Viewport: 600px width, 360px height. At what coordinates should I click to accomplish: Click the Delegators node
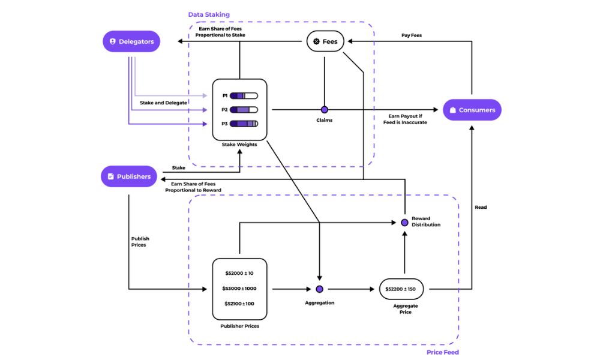(131, 41)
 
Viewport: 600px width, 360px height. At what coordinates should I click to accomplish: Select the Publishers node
(129, 176)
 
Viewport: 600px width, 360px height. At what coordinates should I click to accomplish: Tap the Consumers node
(472, 110)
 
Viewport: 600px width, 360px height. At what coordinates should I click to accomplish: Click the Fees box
(325, 41)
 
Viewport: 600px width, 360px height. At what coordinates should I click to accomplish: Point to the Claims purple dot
(325, 110)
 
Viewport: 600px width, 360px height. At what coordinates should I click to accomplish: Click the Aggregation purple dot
(319, 289)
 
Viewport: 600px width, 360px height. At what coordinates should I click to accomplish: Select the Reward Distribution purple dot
(404, 223)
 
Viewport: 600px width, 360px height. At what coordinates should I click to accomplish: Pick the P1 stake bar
(243, 95)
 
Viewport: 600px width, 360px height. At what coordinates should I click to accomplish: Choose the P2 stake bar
(243, 110)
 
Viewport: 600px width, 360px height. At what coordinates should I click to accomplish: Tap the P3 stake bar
(243, 124)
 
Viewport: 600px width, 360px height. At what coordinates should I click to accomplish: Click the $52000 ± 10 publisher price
(239, 273)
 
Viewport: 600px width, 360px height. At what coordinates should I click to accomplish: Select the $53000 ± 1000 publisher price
(239, 289)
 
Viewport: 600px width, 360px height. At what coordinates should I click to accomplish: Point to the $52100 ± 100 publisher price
(239, 304)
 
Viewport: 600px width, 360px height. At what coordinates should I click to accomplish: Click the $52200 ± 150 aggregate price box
(401, 289)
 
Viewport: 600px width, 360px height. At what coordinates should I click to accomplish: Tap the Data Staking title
(209, 14)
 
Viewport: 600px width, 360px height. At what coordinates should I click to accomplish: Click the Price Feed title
(443, 352)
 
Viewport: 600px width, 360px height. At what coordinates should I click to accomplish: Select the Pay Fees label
(411, 35)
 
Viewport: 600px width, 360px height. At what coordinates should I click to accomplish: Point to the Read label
(481, 208)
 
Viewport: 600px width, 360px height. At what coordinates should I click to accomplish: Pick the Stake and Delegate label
(163, 103)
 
